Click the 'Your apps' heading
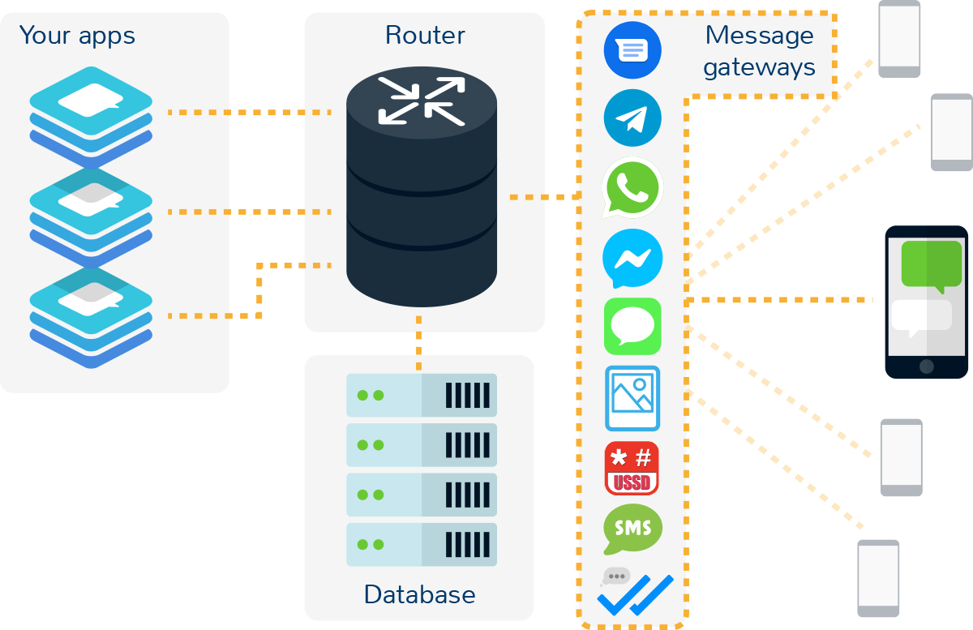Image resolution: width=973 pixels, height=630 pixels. pos(77,36)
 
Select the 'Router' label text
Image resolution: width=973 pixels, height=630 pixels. pos(425,36)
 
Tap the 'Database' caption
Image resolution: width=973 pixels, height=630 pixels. pos(419,594)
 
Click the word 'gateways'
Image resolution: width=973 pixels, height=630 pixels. pos(759,66)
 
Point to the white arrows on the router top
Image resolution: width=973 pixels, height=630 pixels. pos(422,101)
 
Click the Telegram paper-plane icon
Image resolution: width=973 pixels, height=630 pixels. pos(632,118)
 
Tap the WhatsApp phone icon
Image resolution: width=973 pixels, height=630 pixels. pos(632,187)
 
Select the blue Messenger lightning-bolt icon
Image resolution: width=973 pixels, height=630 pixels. pos(632,259)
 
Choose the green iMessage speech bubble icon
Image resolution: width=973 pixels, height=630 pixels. pos(632,327)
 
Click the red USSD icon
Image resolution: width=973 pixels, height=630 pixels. pos(632,469)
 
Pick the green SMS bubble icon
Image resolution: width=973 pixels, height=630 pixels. pos(632,529)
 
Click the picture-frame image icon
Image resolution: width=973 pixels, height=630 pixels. pos(632,398)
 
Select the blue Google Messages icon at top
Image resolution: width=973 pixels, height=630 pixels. pos(632,49)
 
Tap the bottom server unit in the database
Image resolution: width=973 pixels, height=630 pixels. pos(421,544)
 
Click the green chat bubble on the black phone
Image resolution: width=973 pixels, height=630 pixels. pos(931,265)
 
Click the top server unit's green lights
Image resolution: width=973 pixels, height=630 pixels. pos(371,396)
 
